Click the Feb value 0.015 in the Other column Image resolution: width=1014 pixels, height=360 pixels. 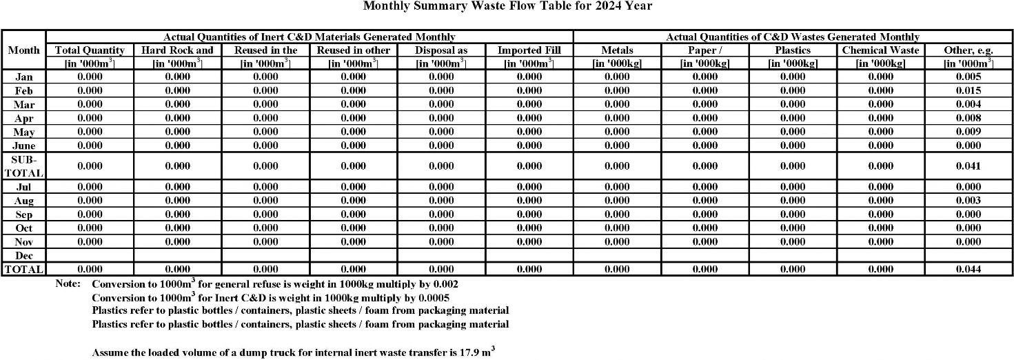click(x=969, y=90)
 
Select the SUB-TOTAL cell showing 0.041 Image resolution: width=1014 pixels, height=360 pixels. click(x=969, y=166)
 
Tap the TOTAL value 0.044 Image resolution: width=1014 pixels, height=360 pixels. click(x=969, y=270)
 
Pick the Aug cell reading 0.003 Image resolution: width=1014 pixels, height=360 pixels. click(x=969, y=201)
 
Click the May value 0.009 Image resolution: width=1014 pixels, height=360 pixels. click(x=969, y=132)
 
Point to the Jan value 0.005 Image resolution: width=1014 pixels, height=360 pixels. click(x=969, y=77)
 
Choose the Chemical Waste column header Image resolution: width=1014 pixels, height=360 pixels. click(x=880, y=50)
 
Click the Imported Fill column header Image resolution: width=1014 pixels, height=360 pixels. click(x=529, y=50)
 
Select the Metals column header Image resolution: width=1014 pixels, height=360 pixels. click(x=617, y=50)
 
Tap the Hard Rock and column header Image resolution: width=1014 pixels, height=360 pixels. click(x=177, y=50)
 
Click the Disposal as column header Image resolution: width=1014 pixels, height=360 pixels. click(x=441, y=50)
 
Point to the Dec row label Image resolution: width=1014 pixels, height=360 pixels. click(x=23, y=256)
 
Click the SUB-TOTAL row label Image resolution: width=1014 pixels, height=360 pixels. click(x=23, y=166)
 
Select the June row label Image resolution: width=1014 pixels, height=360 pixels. click(x=23, y=146)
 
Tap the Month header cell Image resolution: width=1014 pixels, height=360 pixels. click(x=23, y=50)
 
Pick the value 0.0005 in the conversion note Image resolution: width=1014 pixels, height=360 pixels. click(x=434, y=298)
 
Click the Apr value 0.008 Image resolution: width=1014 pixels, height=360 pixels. click(x=969, y=118)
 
